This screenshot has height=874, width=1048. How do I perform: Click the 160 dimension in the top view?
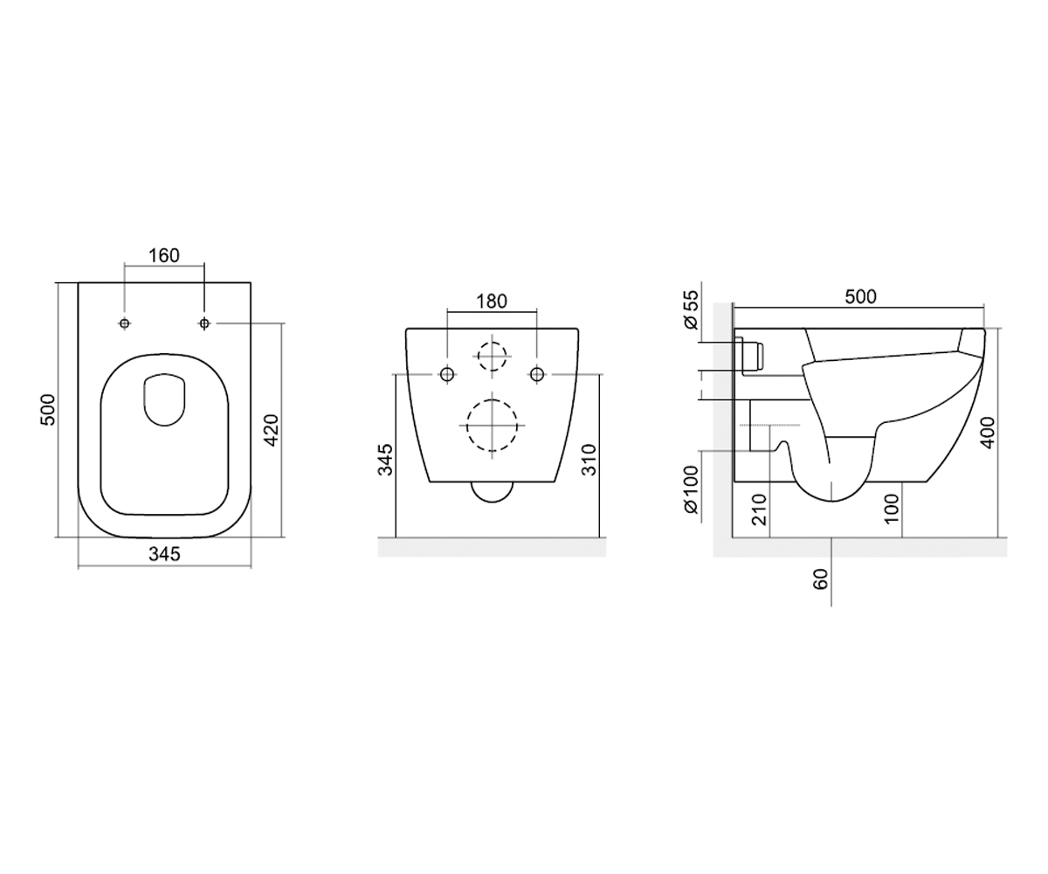(x=163, y=256)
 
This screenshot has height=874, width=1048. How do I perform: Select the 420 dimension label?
(x=272, y=431)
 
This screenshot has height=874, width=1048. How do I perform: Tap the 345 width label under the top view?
(x=164, y=554)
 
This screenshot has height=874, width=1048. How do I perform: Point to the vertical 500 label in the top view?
(x=48, y=410)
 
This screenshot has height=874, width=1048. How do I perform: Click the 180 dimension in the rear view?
(x=492, y=302)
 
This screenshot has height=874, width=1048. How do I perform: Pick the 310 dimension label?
(x=589, y=460)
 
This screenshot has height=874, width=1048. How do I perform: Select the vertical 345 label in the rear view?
(x=385, y=460)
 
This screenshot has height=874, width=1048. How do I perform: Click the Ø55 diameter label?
(x=691, y=310)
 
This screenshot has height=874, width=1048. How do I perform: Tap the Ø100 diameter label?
(x=691, y=489)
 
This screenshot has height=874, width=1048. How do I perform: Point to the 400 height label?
(x=988, y=433)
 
